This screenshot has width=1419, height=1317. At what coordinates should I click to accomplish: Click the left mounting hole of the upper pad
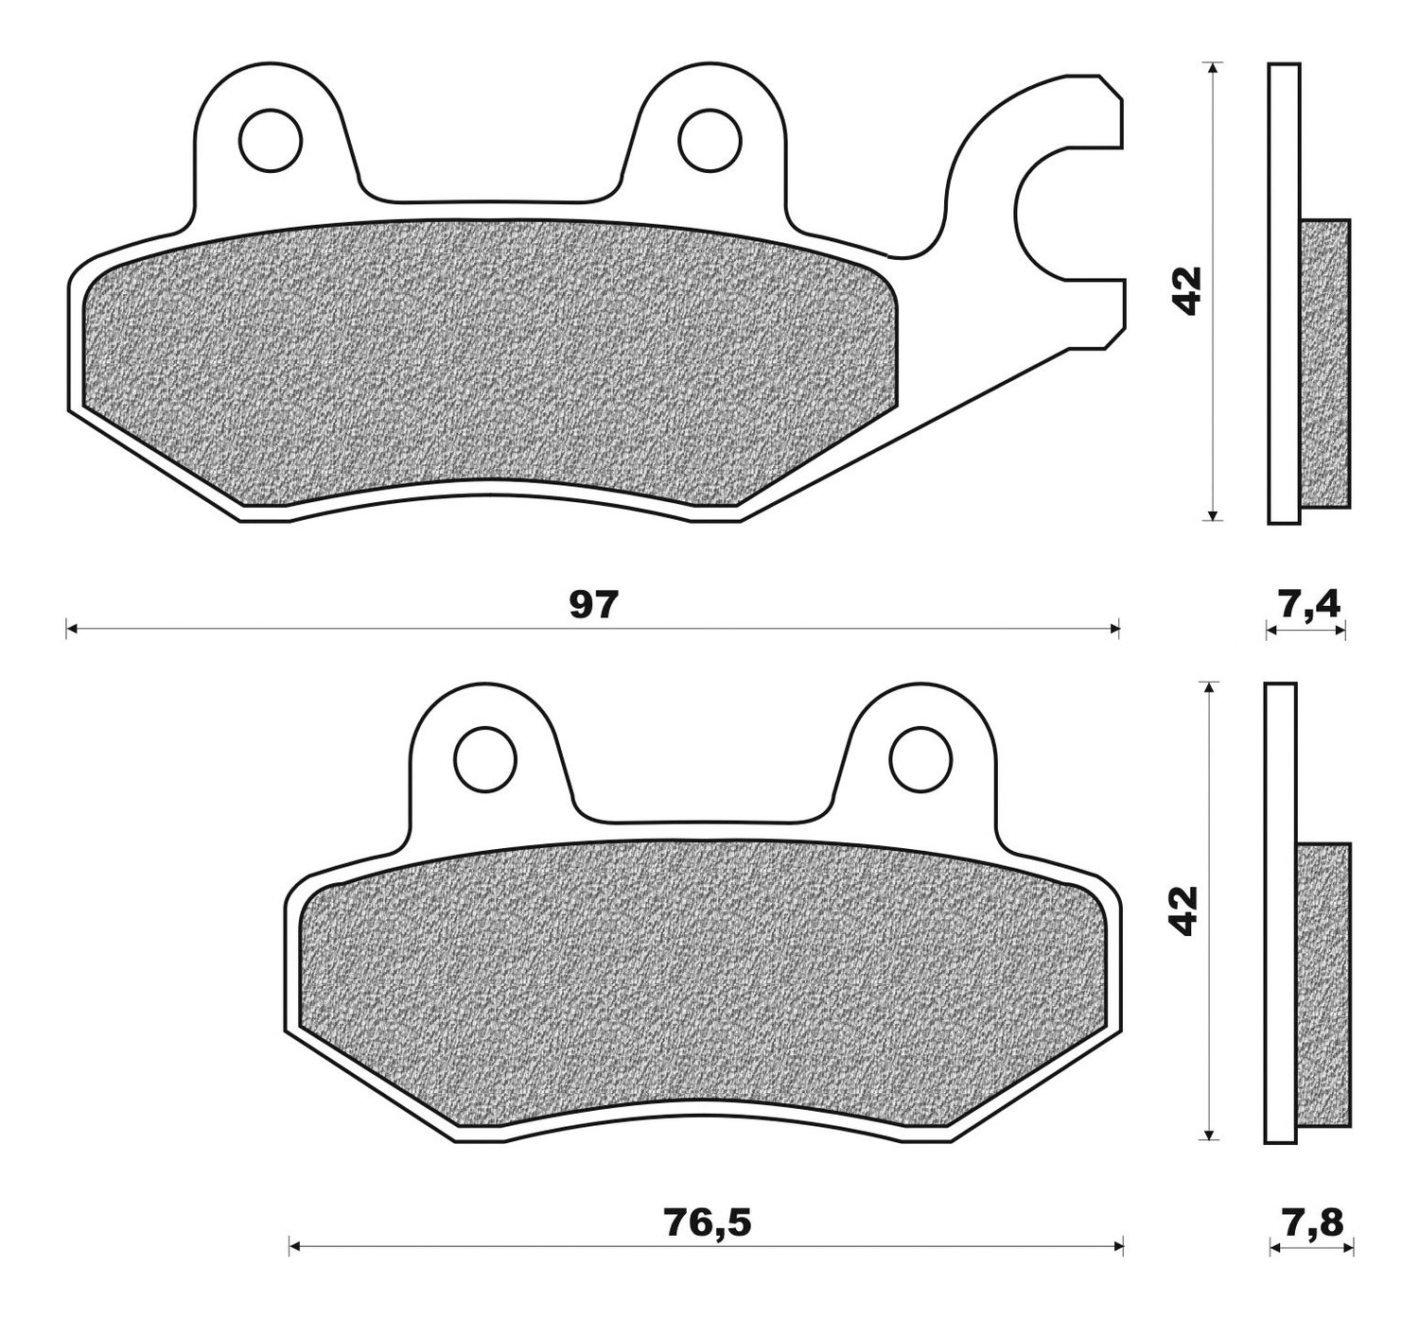(x=271, y=140)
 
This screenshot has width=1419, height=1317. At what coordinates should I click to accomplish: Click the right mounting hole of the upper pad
(x=709, y=140)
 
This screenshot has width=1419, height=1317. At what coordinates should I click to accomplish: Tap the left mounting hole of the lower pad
(x=486, y=758)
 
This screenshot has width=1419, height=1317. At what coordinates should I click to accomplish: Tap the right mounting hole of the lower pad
(x=921, y=758)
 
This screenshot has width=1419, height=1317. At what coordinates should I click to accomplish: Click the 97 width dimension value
(x=593, y=605)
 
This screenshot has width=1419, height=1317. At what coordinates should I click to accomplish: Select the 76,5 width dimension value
(x=708, y=1222)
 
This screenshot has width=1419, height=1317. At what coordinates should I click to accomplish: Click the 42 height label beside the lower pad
(x=1184, y=910)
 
